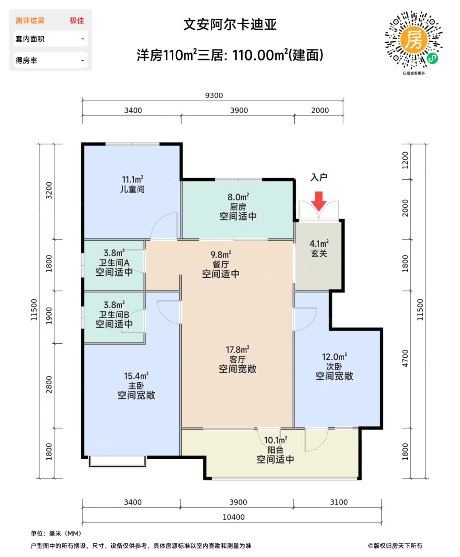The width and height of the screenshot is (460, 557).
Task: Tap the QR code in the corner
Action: pos(413,40)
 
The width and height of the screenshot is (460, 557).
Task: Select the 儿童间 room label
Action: pos(132,189)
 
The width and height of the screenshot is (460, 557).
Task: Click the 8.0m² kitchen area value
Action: pos(238,197)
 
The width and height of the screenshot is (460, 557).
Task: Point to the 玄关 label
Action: pos(319,253)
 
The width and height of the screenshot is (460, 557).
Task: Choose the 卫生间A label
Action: pos(114,263)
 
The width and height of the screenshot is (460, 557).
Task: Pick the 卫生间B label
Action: pos(114,315)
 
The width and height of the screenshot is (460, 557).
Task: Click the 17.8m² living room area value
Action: pos(237,350)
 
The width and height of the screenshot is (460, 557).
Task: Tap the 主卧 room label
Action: pos(136,386)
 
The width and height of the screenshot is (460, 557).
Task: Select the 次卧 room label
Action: pos(334,366)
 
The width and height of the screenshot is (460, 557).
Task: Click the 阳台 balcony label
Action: pos(275,450)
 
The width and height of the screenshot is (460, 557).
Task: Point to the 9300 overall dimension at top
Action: pos(214,95)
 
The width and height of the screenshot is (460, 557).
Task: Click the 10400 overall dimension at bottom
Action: pos(233,517)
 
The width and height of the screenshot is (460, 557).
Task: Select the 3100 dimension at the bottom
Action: pos(339,502)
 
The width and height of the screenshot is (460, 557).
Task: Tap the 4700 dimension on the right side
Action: pos(405,358)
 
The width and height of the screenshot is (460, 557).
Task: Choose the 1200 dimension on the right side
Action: pos(405,160)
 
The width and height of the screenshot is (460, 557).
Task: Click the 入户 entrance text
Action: pos(319,177)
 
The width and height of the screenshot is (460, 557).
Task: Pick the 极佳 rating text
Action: pos(77,21)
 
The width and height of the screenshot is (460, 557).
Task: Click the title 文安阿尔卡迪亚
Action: pos(230,25)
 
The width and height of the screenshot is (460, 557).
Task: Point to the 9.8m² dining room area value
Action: pos(221,255)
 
